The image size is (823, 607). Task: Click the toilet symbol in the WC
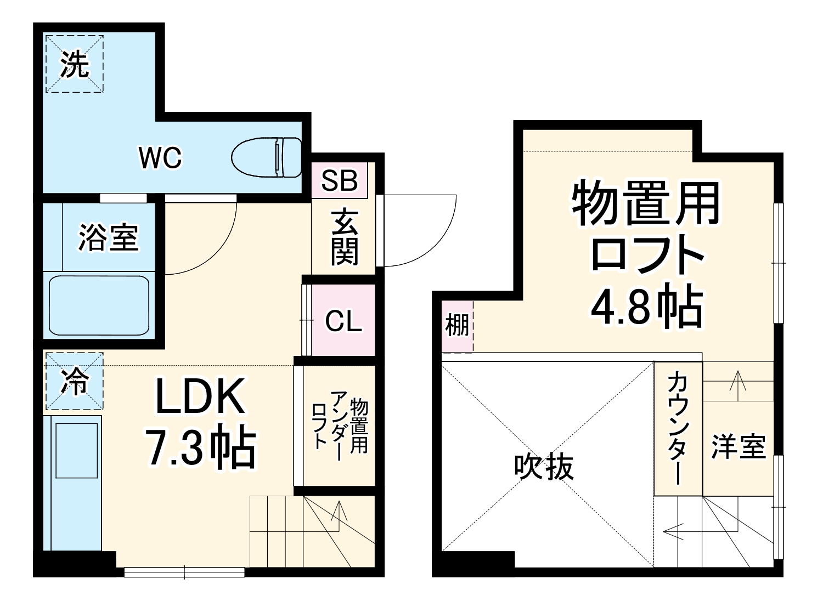(267, 157)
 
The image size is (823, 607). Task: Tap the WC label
(160, 158)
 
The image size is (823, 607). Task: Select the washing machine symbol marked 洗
(74, 64)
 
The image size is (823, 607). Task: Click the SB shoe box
(340, 180)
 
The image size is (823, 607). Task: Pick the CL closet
(343, 320)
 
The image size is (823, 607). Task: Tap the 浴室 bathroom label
(109, 237)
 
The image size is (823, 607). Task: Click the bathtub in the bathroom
(99, 305)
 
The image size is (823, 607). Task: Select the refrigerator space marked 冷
(74, 381)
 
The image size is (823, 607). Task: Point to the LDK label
(200, 396)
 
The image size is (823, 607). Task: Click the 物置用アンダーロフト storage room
(340, 425)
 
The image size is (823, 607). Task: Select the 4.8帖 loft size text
(646, 307)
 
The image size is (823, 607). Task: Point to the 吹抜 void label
(543, 467)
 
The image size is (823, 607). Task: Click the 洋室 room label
(739, 446)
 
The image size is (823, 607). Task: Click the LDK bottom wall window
(184, 572)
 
